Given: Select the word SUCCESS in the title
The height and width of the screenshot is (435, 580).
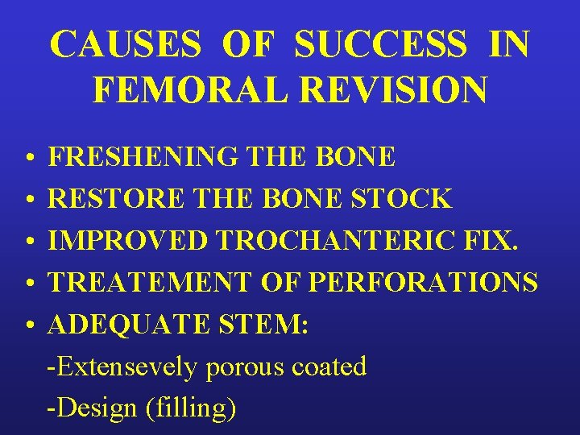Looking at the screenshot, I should tap(380, 45).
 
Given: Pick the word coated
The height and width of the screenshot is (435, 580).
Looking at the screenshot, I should tap(329, 367).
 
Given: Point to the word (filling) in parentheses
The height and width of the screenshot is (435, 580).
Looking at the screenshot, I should tap(190, 408).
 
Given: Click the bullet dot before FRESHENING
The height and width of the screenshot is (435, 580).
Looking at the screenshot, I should tap(27, 158).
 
